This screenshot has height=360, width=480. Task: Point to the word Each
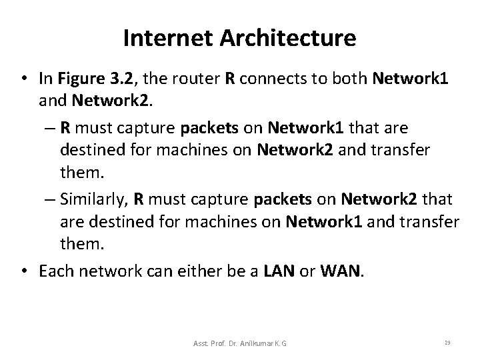click(55, 271)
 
